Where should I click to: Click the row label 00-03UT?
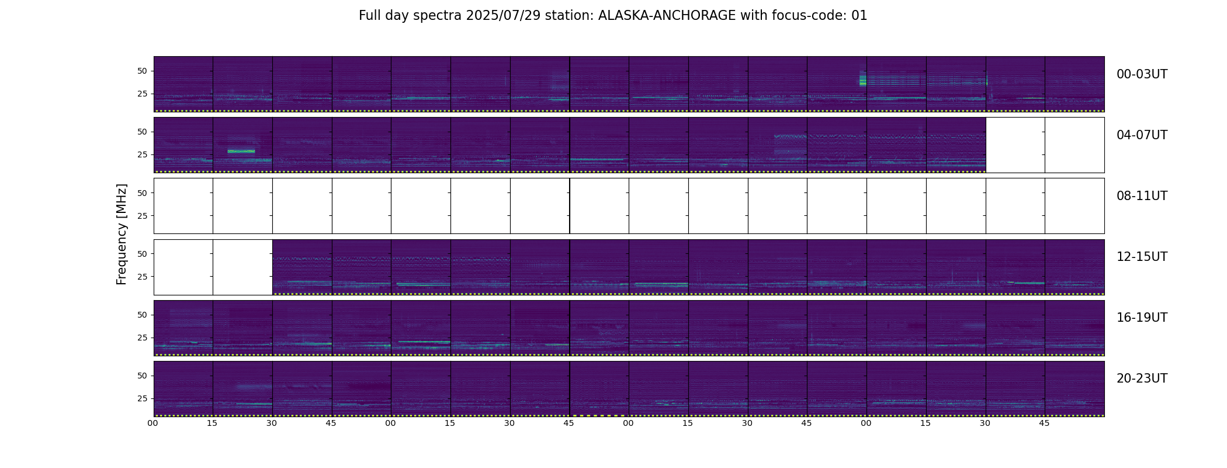click(1142, 74)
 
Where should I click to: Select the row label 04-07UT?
click(1142, 135)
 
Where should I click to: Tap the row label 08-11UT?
click(1142, 196)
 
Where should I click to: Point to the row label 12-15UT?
click(1142, 257)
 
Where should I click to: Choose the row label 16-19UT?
click(1142, 318)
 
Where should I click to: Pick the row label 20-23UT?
click(1142, 378)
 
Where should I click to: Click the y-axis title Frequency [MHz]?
click(122, 234)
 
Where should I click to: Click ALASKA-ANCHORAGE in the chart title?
click(667, 16)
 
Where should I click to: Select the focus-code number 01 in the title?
click(859, 16)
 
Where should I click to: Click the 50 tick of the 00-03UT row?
click(142, 71)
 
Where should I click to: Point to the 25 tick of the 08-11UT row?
click(142, 216)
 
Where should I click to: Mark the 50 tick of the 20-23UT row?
click(142, 376)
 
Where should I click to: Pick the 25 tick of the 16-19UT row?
click(142, 338)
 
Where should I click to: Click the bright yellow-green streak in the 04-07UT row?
click(241, 152)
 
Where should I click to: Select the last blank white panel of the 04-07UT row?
click(1075, 145)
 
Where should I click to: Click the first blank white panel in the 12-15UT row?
click(183, 267)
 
